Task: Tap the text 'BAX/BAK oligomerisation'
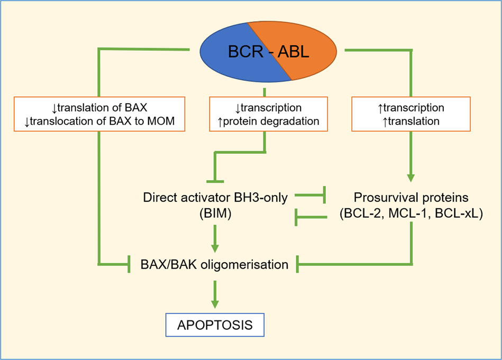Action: click(214, 264)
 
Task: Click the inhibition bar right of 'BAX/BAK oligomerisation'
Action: click(298, 264)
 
